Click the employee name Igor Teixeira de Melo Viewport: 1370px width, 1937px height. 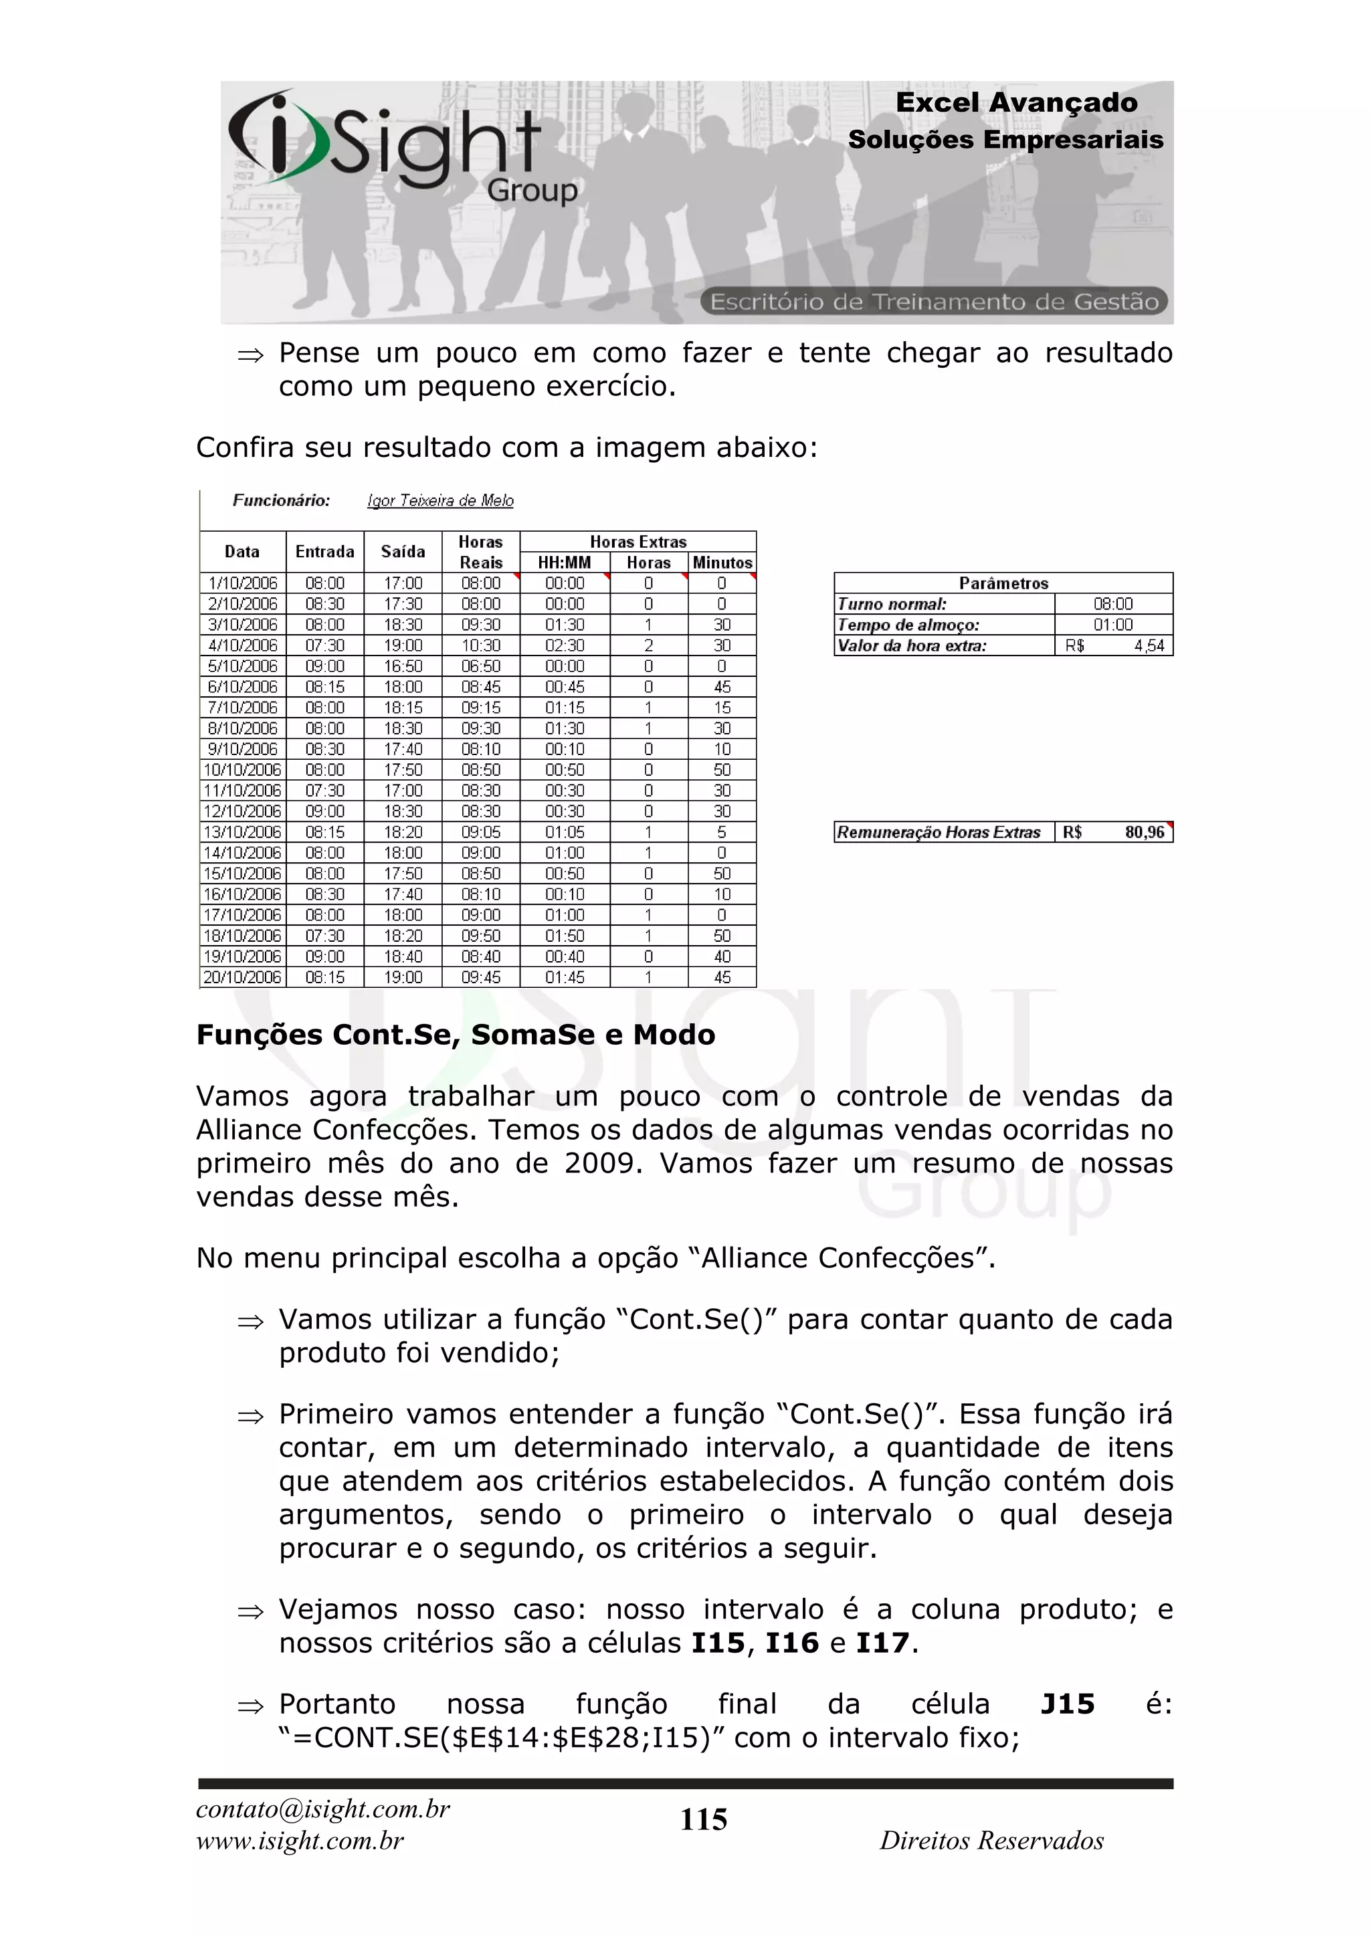pos(440,501)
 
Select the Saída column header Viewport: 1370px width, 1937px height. pos(403,552)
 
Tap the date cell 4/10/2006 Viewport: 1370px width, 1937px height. pos(243,645)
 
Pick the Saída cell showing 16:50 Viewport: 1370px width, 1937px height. pos(403,666)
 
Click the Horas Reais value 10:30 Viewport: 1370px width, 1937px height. pos(481,645)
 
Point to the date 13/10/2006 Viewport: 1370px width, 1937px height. pos(242,833)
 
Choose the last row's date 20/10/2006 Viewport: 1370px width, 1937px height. pos(242,978)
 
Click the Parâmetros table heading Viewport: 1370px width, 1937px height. pos(1003,583)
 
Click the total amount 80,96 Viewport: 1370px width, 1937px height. pos(1144,833)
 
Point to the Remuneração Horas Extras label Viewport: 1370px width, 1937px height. pos(938,833)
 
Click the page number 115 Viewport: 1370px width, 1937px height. pos(704,1820)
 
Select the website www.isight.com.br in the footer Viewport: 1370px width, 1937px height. pos(300,1841)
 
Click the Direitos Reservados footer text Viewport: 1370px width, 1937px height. pos(991,1841)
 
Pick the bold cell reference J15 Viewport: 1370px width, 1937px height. pos(1067,1704)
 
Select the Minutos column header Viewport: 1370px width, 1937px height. pos(722,563)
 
